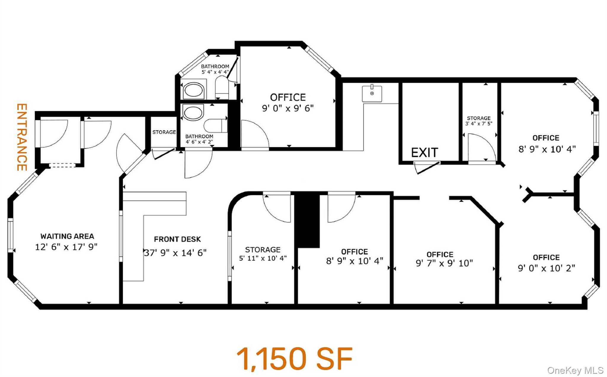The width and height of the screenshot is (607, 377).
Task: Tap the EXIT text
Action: coord(424,153)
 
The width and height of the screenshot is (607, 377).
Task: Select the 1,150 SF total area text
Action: coord(295,359)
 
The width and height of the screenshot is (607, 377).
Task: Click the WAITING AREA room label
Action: coord(67,236)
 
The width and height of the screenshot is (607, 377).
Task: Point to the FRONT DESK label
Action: coord(177,239)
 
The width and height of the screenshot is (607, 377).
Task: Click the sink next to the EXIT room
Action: coord(372,94)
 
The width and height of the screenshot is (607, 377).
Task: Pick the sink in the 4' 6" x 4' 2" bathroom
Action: coord(193,113)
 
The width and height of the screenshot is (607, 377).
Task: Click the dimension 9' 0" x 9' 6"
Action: coord(287,108)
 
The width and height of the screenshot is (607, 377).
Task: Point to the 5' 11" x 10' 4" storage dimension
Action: coord(263,258)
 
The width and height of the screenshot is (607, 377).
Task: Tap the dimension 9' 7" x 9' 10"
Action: coord(444,263)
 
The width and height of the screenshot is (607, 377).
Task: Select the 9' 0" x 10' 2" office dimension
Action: coord(546,268)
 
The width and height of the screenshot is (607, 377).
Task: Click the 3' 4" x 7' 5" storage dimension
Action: coord(479,123)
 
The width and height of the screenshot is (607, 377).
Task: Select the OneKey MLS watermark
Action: coord(575,370)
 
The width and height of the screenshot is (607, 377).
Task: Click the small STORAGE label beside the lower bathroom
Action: coord(164,132)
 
